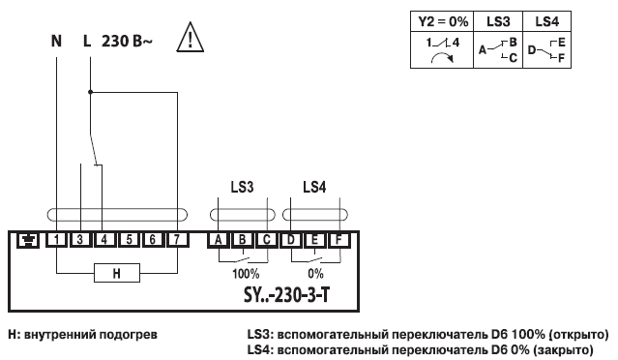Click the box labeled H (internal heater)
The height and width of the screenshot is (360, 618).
click(116, 274)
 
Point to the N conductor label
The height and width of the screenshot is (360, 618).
click(57, 44)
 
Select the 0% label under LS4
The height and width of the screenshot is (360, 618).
click(314, 274)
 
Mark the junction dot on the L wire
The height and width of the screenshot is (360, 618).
click(90, 93)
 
